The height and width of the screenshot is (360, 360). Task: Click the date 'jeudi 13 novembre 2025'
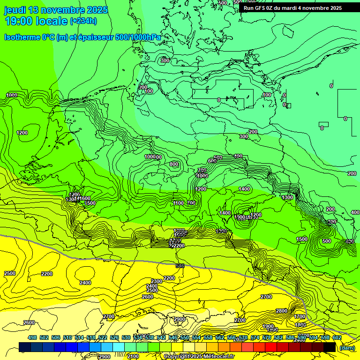coord(56,10)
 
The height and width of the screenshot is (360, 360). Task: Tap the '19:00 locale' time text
coord(37,21)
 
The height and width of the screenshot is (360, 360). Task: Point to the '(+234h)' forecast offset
coord(83,21)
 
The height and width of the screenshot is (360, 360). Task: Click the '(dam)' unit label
coord(346,348)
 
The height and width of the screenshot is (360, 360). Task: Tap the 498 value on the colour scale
coord(32,337)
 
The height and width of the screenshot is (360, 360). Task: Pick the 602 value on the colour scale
coord(337,337)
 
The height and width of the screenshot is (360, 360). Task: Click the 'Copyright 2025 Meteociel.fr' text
coord(199,357)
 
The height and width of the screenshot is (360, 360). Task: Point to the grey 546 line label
coord(180,266)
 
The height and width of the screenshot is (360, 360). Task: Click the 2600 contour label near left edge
coord(29,322)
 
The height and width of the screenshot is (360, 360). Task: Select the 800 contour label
coord(174,164)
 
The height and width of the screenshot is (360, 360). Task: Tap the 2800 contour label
coord(282,311)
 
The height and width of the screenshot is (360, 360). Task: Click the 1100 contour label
coord(178,203)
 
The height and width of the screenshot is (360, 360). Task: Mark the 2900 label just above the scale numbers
coord(179,319)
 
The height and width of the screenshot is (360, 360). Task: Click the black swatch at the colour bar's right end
coord(330,347)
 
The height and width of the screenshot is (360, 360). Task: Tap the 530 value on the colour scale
coord(126,337)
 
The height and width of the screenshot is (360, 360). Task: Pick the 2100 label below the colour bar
coord(133,357)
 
